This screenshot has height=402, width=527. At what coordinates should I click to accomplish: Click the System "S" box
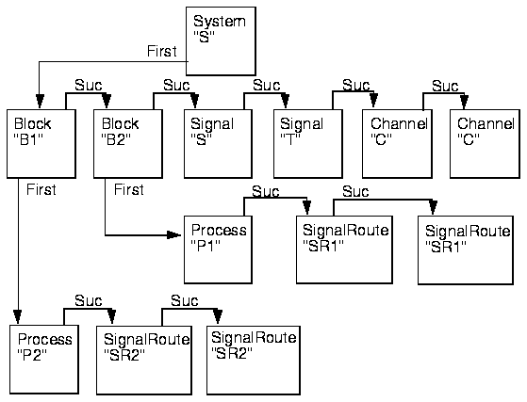[221, 40]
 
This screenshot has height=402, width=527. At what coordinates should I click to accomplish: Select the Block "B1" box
[41, 144]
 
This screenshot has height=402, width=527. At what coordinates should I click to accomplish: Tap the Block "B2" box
[128, 144]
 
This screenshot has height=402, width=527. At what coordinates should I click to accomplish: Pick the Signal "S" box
[218, 144]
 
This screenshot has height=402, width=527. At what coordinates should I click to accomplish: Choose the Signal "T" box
[308, 144]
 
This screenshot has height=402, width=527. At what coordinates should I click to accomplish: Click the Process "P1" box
[218, 249]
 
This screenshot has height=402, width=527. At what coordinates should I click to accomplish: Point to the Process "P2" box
[44, 360]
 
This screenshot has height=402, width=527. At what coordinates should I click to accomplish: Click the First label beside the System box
[161, 52]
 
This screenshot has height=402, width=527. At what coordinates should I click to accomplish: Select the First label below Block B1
[41, 189]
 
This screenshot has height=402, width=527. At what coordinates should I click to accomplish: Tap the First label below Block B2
[129, 189]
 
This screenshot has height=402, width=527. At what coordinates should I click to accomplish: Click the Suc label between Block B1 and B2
[89, 86]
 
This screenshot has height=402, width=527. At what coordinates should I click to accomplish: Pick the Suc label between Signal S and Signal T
[266, 86]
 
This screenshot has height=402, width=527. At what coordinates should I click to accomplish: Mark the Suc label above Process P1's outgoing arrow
[266, 192]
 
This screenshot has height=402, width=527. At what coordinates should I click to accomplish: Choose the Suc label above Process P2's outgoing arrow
[89, 300]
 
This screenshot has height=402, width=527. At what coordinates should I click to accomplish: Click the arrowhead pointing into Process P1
[174, 234]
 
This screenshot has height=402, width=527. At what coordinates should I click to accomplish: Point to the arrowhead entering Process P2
[18, 316]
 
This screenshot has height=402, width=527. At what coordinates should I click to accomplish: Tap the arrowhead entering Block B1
[40, 102]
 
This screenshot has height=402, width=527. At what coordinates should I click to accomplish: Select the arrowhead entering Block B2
[107, 102]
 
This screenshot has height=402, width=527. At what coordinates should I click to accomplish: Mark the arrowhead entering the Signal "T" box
[285, 102]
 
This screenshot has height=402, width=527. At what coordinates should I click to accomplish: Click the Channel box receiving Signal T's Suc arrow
[397, 144]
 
